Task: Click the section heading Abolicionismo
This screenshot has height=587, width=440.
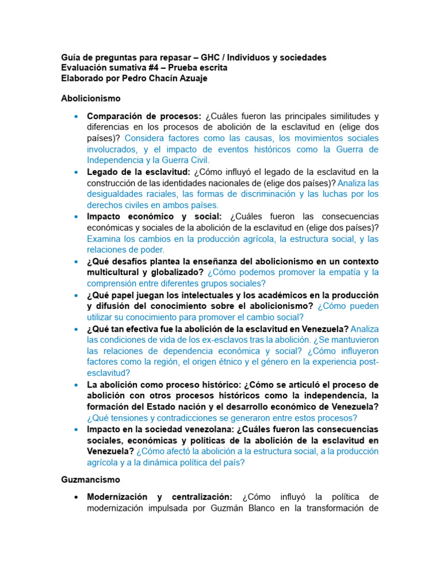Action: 91,99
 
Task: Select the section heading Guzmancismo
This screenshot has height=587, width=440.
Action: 91,479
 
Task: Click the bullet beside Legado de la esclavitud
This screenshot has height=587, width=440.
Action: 76,172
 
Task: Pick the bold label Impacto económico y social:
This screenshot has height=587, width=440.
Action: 154,217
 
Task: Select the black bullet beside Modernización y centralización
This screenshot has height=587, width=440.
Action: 76,497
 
